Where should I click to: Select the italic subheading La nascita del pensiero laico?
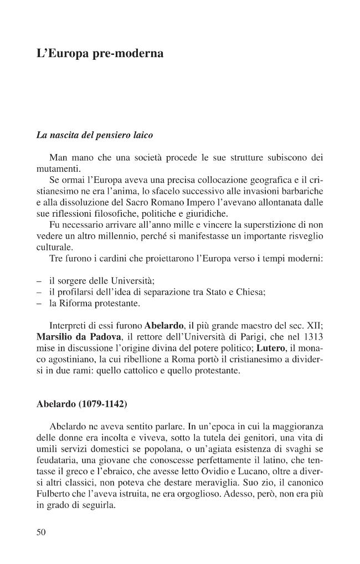94,135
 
